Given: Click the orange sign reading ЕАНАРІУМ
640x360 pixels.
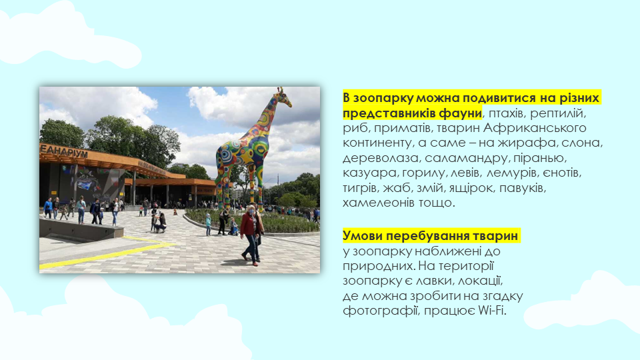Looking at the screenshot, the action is tap(64, 151).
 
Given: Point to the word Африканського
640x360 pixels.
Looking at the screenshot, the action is tap(535, 128).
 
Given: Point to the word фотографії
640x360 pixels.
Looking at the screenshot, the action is tap(381, 311).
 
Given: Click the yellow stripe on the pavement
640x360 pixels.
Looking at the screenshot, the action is tap(107, 254).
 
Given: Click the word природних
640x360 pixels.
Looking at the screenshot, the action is tap(379, 266).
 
